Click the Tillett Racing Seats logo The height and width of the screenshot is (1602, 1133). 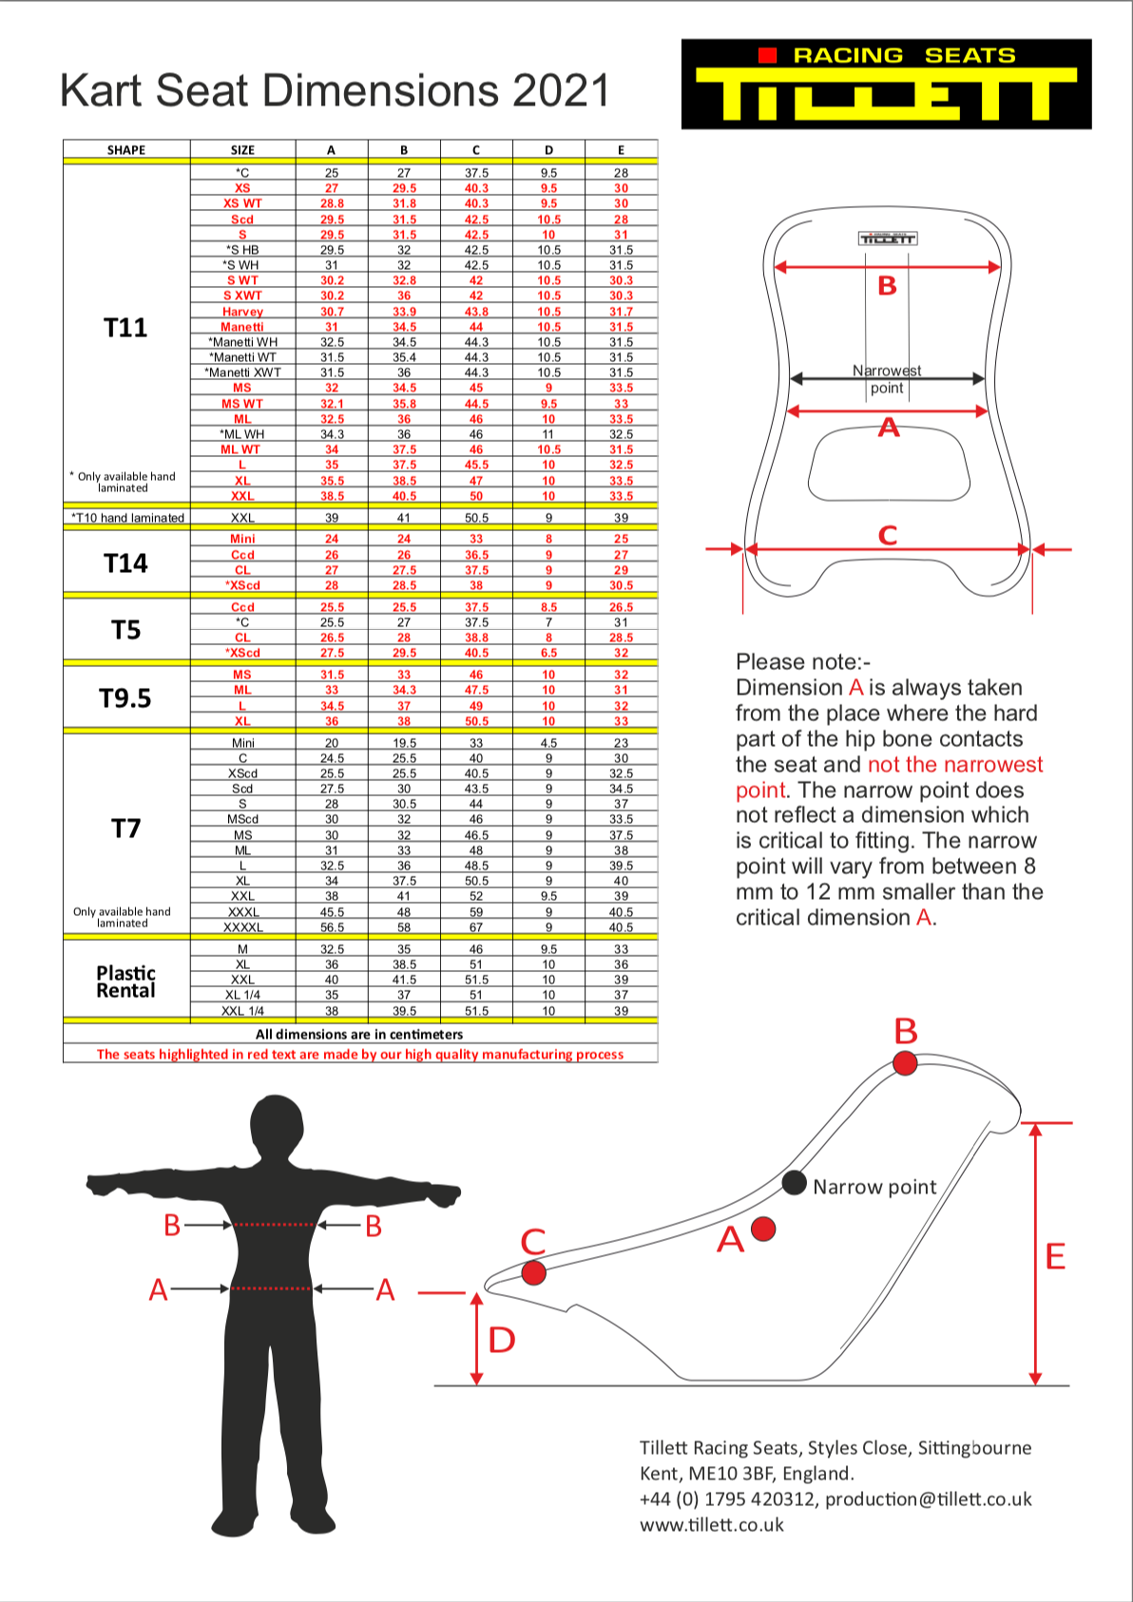click(886, 84)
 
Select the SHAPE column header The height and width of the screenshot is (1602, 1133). click(126, 150)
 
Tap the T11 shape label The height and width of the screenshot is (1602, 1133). click(125, 328)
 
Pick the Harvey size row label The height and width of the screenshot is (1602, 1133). click(242, 312)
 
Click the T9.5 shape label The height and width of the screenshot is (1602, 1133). click(125, 698)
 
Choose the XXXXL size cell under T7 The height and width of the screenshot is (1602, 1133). click(242, 927)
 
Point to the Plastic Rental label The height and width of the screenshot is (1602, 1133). click(125, 982)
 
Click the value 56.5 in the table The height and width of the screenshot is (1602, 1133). click(332, 927)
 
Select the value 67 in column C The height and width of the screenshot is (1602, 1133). click(476, 927)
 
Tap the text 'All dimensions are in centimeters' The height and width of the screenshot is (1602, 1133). click(359, 1034)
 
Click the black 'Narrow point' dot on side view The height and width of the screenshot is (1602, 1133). click(794, 1183)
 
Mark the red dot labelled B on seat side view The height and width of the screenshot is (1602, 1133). click(906, 1063)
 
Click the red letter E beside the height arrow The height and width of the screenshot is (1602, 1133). click(1055, 1256)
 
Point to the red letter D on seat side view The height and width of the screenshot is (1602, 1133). click(502, 1340)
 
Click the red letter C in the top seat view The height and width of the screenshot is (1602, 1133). click(888, 535)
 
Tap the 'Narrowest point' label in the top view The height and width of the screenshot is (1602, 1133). click(887, 379)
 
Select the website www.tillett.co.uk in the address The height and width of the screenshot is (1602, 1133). click(712, 1525)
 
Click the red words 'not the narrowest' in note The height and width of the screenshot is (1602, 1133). click(955, 765)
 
